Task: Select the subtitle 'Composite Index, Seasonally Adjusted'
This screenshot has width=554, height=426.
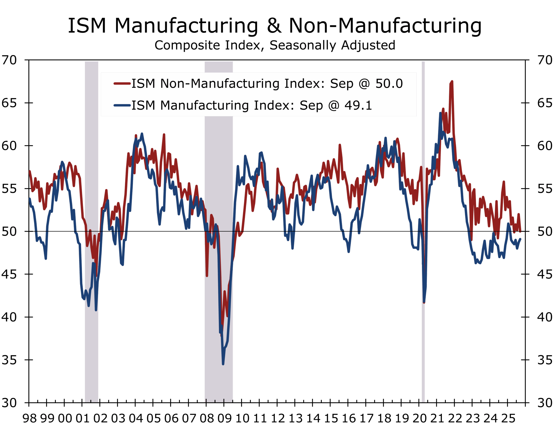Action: [275, 45]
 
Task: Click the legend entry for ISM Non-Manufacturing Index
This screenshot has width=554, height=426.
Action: [267, 83]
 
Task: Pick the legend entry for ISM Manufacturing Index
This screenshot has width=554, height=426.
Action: [252, 105]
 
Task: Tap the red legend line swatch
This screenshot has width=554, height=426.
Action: [122, 83]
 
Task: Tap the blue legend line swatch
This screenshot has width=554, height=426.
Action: [122, 105]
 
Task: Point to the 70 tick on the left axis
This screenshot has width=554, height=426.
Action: [9, 60]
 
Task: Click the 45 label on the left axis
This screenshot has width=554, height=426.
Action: [9, 274]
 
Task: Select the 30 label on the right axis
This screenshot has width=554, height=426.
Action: [545, 403]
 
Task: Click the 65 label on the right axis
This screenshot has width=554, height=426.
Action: [545, 103]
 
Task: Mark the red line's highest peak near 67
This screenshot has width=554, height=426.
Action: [452, 82]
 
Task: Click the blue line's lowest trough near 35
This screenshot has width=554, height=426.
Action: [223, 364]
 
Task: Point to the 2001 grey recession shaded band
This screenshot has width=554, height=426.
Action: [91, 228]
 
